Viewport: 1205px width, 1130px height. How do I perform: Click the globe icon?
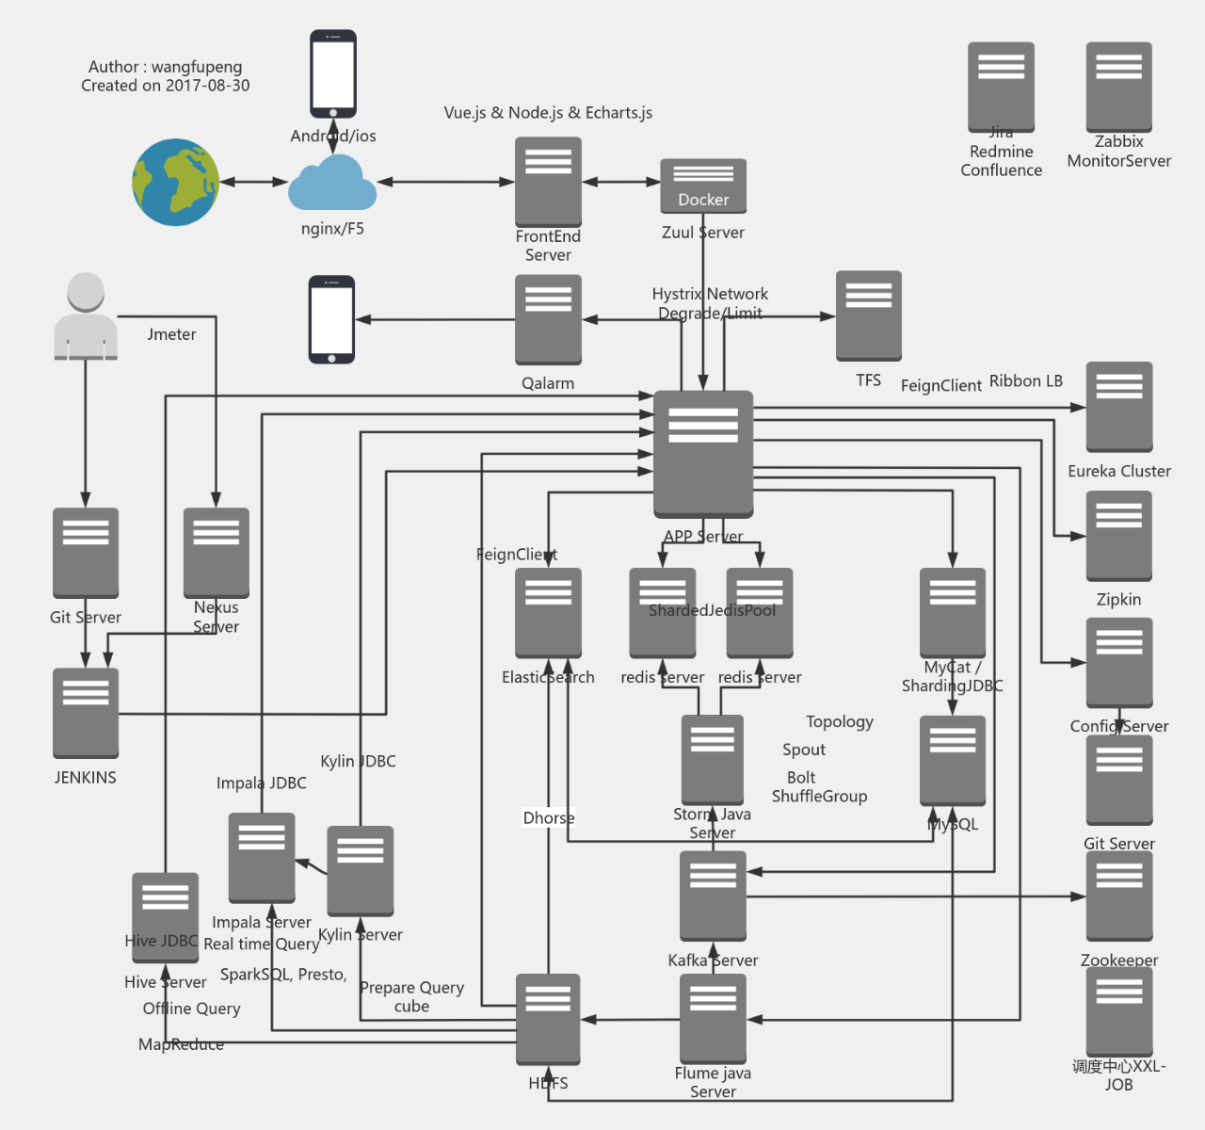click(x=175, y=183)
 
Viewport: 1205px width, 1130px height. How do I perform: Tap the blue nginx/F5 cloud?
click(x=332, y=185)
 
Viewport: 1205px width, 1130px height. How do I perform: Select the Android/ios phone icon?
click(x=333, y=74)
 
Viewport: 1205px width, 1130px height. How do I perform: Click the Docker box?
click(x=703, y=186)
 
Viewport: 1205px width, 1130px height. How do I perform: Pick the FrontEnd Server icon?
click(x=548, y=182)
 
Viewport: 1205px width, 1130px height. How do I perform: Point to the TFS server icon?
click(x=868, y=315)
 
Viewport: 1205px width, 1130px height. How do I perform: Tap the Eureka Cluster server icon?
click(x=1119, y=407)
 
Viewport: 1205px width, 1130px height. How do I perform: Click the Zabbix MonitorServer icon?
click(x=1119, y=87)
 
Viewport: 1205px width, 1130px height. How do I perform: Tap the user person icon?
click(x=86, y=316)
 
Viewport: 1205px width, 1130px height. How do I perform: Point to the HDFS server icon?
click(x=548, y=1019)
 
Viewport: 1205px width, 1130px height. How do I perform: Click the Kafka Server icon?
click(x=713, y=896)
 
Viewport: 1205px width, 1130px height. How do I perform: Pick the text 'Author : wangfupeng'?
click(x=165, y=67)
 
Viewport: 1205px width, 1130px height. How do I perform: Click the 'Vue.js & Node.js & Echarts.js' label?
click(x=548, y=113)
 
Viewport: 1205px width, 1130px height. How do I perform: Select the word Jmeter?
click(x=171, y=334)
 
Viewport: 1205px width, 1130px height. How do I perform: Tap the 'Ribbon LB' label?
click(x=1026, y=381)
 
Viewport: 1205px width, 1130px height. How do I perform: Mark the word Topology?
click(x=840, y=722)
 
